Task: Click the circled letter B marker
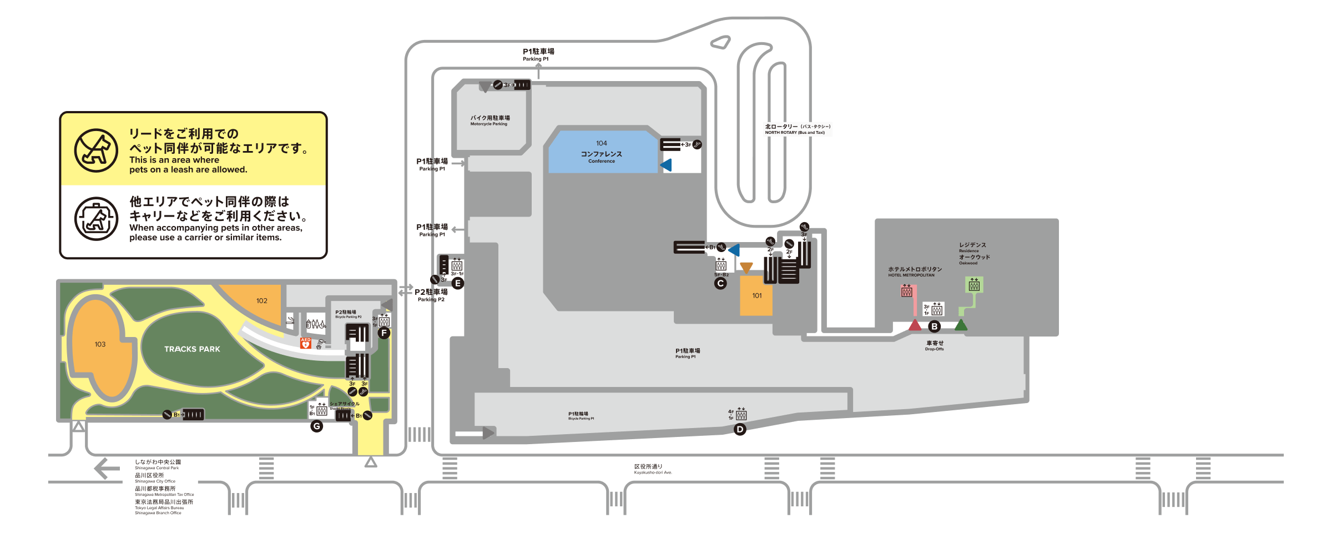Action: click(x=935, y=326)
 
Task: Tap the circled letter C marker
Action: click(x=720, y=283)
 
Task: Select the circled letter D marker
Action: click(x=740, y=429)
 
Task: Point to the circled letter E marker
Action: click(x=458, y=283)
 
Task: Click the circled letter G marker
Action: click(x=317, y=426)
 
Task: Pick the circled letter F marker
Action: click(x=384, y=333)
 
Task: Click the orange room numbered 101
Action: click(x=756, y=296)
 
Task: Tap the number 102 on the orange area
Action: click(x=262, y=301)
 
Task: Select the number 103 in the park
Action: click(x=100, y=344)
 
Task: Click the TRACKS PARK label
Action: click(x=192, y=349)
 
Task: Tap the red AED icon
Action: click(x=305, y=343)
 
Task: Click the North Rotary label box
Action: click(x=798, y=129)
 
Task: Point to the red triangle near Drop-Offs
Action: click(x=915, y=325)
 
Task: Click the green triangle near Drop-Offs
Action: click(x=961, y=325)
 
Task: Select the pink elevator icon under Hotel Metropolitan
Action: click(x=907, y=290)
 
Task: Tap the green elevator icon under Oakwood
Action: click(x=974, y=285)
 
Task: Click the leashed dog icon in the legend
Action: click(x=97, y=150)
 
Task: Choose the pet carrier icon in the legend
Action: click(x=97, y=219)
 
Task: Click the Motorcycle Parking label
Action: click(x=490, y=120)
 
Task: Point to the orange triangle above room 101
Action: click(x=746, y=268)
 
